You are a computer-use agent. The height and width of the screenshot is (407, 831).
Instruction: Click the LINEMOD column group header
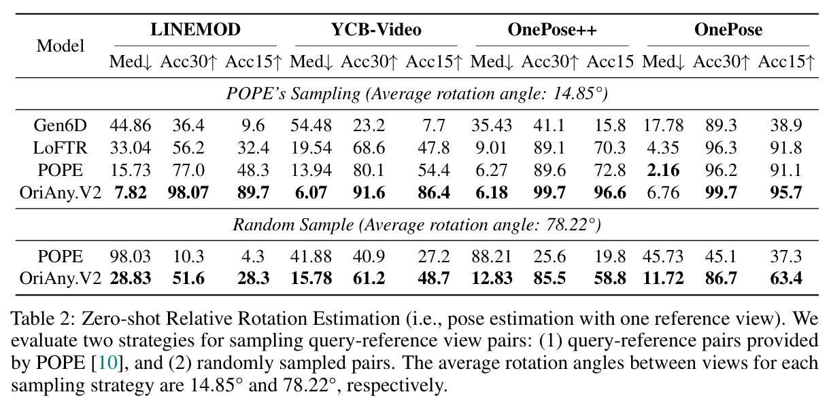coord(195,30)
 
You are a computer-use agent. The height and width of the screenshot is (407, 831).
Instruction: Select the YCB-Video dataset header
coord(376,30)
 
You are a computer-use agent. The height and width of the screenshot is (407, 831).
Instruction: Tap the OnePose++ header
coord(552,30)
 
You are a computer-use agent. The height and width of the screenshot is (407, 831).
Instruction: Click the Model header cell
coord(61,46)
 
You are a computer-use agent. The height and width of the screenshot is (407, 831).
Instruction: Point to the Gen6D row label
coord(60,125)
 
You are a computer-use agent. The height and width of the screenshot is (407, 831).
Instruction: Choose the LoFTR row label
coord(60,148)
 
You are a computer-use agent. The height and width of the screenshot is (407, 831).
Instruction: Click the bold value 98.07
coord(188,193)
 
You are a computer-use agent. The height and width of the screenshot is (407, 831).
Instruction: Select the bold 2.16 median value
coord(663,171)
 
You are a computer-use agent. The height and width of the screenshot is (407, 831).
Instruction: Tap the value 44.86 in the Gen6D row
coord(130,125)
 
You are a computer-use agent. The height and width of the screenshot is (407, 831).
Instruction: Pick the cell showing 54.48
coord(311,125)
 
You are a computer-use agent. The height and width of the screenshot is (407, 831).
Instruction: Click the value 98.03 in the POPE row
coord(130,257)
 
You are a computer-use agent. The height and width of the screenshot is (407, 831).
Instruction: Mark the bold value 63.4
coord(786,279)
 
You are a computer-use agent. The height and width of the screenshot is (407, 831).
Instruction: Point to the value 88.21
coord(492,257)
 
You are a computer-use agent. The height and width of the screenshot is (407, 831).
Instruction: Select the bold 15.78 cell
coord(311,279)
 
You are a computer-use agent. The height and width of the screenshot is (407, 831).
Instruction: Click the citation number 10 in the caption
coord(108,363)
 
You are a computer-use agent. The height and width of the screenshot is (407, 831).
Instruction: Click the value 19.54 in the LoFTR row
coord(311,148)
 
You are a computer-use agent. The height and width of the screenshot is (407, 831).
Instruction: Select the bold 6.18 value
coord(492,193)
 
